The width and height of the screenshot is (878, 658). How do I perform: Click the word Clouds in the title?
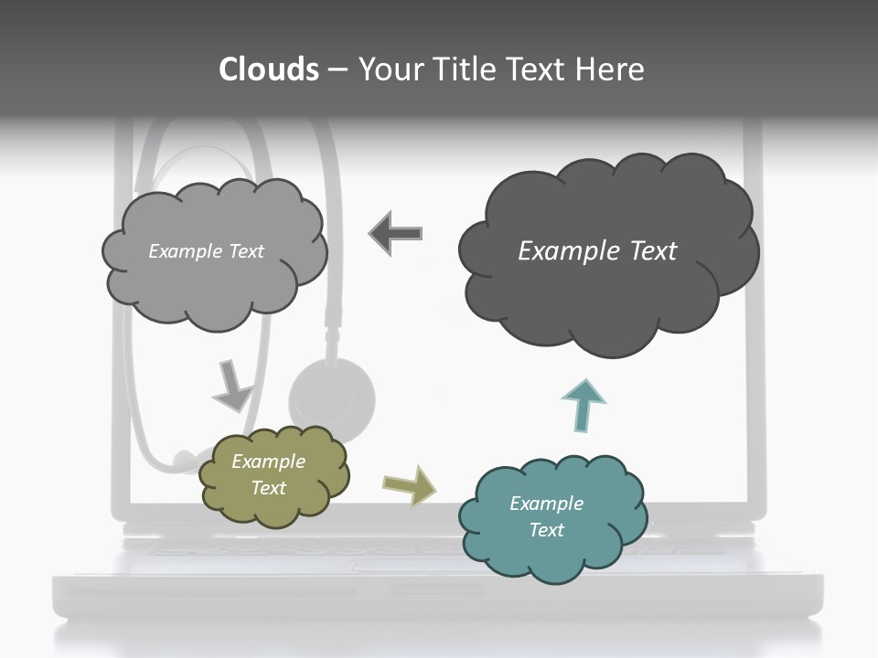[268, 69]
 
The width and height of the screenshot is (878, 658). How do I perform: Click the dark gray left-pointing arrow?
[397, 233]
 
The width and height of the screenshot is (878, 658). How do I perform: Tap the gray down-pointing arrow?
[231, 386]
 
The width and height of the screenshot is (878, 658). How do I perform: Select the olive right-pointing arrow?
[410, 484]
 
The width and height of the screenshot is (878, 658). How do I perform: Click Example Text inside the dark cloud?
[597, 251]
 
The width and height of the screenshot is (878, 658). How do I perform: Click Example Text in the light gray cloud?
[206, 251]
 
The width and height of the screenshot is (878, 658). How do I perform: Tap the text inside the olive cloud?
[268, 474]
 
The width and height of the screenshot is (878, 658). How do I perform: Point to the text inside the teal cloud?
[546, 516]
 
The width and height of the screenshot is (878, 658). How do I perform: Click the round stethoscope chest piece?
[331, 393]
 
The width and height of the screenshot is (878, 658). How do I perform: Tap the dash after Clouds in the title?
[337, 70]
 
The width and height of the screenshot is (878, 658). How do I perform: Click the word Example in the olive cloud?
[268, 462]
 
